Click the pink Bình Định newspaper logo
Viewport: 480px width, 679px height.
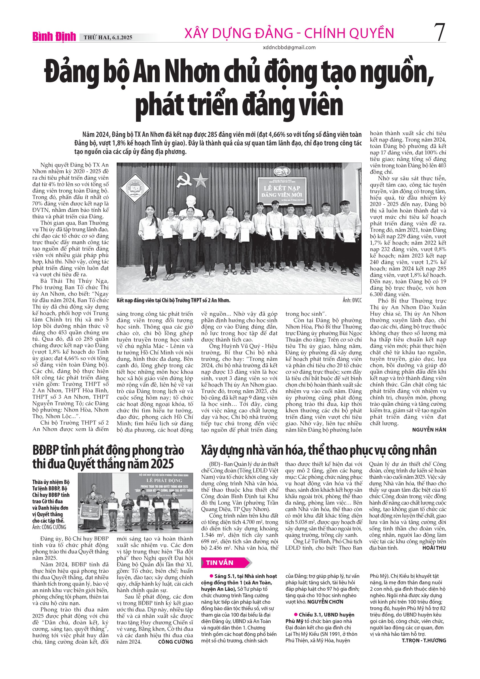54,37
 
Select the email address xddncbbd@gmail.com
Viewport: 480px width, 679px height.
289,47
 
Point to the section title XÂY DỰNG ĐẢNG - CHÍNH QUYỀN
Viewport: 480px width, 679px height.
289,33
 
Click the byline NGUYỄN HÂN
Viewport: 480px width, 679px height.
429,430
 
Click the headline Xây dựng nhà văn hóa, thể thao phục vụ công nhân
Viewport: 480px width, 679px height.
319,450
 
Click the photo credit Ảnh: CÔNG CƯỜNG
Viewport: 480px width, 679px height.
49,527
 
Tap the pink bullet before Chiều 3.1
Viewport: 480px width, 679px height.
295,614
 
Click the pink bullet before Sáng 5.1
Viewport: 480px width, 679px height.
211,576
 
